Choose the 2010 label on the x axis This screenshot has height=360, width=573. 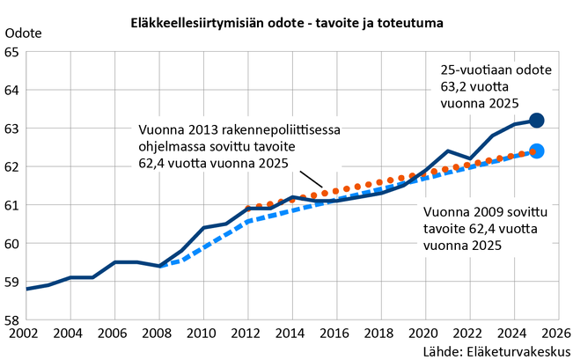coord(202,334)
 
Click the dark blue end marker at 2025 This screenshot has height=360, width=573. coord(537,120)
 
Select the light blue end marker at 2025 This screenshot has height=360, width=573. coord(537,151)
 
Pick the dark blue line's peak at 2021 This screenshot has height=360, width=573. coord(447,151)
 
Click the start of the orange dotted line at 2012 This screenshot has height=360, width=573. coord(248,208)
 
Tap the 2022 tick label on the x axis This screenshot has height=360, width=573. coord(467,334)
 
